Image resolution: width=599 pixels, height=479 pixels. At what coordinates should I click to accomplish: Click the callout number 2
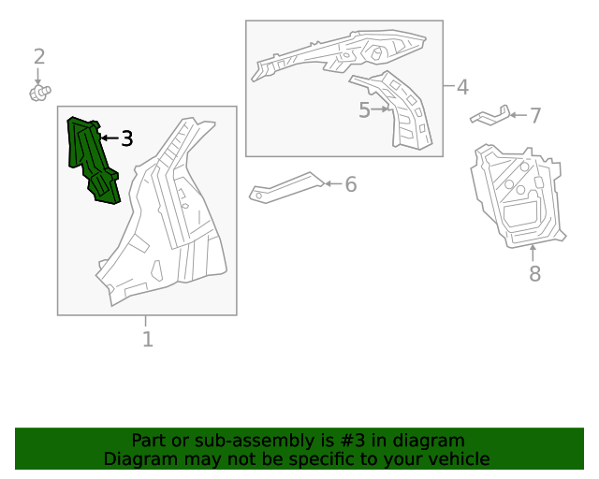39,56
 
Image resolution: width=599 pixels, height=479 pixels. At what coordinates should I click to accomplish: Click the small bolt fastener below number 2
40,94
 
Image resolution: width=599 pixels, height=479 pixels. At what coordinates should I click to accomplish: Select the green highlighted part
93,160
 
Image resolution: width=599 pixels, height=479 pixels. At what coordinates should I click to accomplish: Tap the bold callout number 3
127,138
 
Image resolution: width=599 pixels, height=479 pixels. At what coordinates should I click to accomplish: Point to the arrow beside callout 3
110,138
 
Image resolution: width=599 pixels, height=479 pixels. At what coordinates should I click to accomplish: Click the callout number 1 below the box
148,340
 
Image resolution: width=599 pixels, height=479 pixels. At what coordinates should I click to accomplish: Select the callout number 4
462,87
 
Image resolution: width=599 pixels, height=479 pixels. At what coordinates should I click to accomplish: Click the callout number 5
364,109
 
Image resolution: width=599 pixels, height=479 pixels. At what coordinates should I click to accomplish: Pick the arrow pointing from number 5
380,109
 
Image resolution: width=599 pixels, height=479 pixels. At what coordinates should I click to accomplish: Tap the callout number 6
351,184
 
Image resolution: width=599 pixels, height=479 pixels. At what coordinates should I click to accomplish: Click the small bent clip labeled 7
490,115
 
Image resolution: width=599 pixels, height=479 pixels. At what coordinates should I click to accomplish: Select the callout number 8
534,273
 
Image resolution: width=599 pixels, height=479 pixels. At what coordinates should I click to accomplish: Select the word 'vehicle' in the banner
465,458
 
